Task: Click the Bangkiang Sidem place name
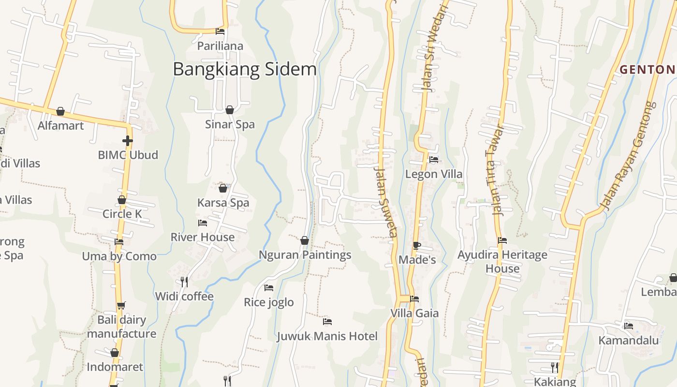245,69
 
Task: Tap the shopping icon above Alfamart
60,112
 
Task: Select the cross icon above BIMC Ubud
128,141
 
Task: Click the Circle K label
122,214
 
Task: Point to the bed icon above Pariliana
220,32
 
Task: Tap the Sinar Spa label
230,124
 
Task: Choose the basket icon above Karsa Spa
223,188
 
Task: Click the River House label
202,237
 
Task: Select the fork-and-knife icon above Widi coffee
184,282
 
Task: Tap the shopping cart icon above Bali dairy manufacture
121,305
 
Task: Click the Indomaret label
115,367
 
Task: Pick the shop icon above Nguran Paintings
305,240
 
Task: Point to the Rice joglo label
268,302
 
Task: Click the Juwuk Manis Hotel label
327,336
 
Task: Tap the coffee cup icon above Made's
417,245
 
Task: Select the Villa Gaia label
414,313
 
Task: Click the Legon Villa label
433,174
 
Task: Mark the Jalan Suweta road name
386,203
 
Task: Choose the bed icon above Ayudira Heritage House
502,240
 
